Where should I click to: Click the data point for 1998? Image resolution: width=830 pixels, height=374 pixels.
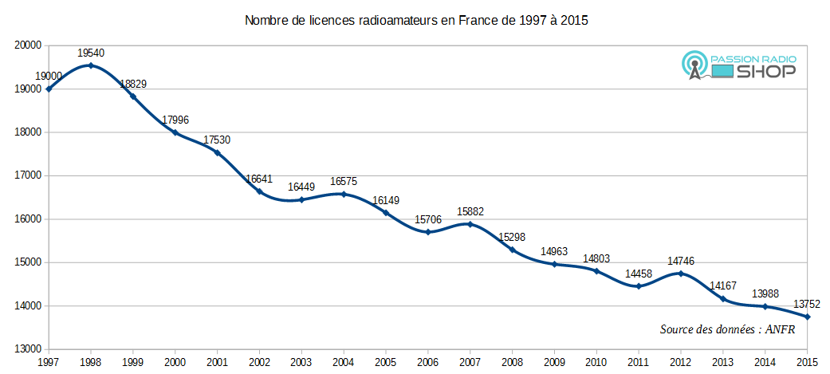point(91,65)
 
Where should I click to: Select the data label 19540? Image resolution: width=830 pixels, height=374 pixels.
point(91,53)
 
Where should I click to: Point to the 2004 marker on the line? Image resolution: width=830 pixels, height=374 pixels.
point(344,194)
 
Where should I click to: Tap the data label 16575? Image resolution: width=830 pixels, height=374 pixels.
point(344,182)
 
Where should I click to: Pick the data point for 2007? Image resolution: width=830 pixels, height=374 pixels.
point(470,224)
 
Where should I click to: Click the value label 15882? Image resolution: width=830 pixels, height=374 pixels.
point(470,212)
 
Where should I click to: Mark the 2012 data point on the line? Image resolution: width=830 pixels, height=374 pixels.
point(680,274)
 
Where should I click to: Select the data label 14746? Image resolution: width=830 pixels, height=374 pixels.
point(680,261)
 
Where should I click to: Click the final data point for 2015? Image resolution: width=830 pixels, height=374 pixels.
point(807,317)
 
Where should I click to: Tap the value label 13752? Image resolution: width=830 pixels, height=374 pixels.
point(807,304)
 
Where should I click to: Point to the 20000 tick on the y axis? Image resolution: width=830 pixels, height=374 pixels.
point(28,46)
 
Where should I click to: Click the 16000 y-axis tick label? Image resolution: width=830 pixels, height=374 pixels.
point(28,219)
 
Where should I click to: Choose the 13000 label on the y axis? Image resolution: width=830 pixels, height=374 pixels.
point(28,349)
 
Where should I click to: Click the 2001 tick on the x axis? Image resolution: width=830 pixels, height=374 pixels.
point(217,362)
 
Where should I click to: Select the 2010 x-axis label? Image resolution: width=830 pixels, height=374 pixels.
point(596,362)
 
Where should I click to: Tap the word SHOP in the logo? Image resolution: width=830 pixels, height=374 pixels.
point(766,72)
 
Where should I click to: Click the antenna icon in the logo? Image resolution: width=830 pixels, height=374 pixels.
point(694,67)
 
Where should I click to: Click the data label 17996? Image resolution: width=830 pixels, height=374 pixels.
point(175,120)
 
